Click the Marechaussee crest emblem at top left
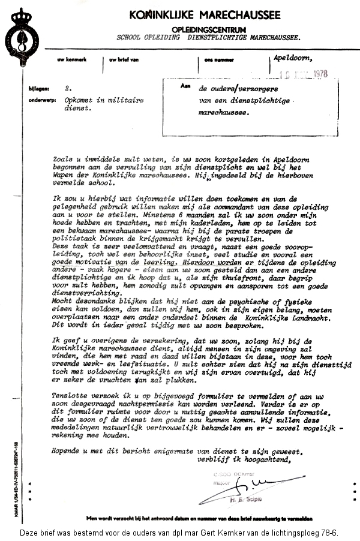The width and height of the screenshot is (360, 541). [20, 37]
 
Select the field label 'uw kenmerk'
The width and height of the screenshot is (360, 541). [68, 60]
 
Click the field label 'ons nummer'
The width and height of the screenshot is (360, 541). [217, 60]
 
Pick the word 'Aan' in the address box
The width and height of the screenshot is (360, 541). [185, 86]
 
